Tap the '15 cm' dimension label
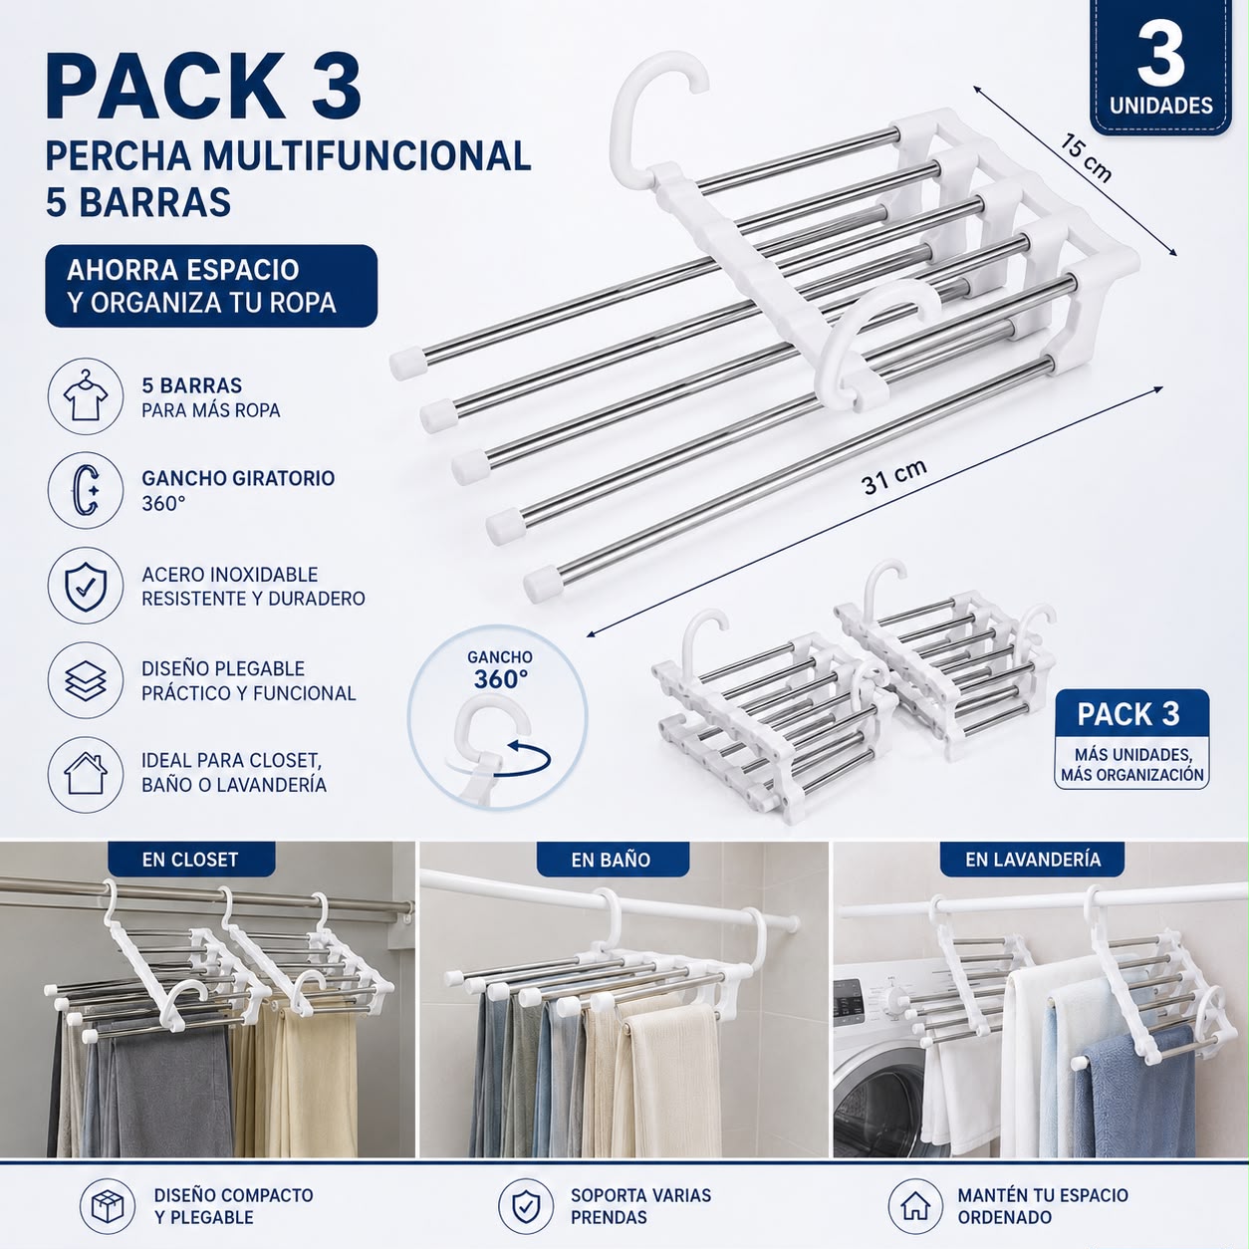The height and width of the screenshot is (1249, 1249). pos(1086,157)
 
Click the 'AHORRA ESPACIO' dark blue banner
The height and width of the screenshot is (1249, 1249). pos(211,286)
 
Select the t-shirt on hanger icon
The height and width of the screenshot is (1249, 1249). pos(86,395)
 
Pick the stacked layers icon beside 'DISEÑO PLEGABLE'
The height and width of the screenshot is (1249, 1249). pos(86,680)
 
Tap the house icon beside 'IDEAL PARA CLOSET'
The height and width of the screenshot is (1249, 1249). pos(86,774)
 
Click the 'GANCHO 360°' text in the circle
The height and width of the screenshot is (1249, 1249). pos(500,669)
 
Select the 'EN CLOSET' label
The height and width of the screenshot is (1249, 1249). pos(190,860)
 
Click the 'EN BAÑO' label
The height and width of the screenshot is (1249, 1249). pos(611,860)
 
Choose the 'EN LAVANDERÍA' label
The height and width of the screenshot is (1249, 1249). pos(1033,860)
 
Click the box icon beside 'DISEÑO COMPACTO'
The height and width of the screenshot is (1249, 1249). pos(108,1206)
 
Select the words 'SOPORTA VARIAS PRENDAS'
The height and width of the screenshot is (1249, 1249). pos(640,1206)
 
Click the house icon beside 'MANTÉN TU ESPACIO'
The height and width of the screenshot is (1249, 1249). pos(915,1206)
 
